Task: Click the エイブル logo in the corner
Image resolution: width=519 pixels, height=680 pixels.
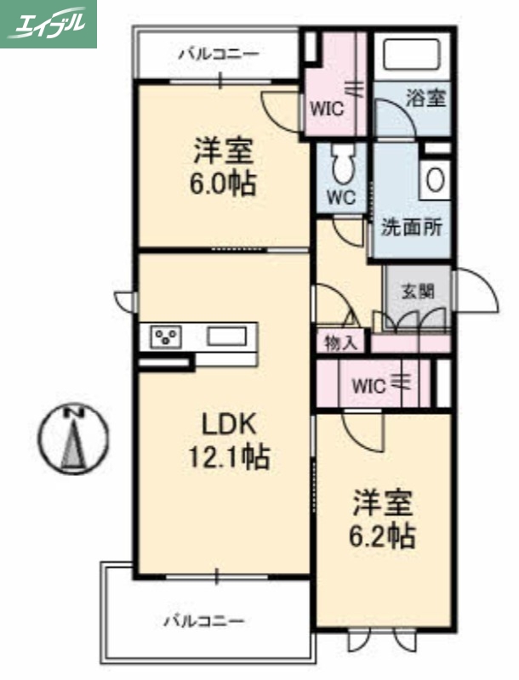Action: tap(48, 23)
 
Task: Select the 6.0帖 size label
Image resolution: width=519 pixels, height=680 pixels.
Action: tap(223, 184)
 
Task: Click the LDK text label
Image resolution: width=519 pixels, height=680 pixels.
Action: tap(228, 423)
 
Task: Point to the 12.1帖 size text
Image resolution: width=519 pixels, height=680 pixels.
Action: tap(228, 458)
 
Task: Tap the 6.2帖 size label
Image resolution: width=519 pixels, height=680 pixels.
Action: tap(384, 536)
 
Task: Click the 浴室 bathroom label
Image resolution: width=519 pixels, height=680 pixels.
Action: tap(425, 98)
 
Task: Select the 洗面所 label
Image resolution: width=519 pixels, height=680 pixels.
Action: tap(410, 228)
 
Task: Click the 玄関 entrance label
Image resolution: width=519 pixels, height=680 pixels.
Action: tap(418, 291)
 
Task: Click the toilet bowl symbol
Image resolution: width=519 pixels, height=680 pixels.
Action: tap(344, 162)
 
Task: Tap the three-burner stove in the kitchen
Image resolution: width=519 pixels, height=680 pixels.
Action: tap(166, 337)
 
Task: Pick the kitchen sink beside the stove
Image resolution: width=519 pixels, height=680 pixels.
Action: tap(225, 336)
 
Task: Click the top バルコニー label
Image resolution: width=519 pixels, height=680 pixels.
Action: tap(218, 54)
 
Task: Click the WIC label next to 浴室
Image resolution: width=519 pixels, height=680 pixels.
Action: tap(326, 108)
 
